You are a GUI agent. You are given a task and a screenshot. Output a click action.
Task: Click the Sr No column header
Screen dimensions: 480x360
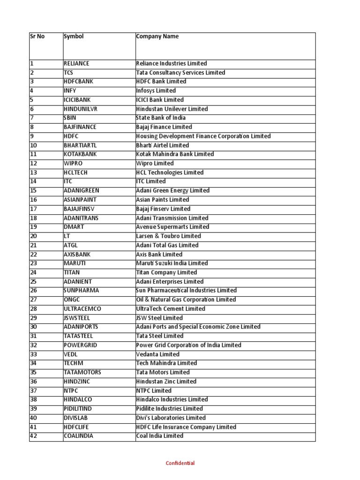click(x=37, y=37)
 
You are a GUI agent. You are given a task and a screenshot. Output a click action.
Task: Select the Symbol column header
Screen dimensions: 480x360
click(x=74, y=37)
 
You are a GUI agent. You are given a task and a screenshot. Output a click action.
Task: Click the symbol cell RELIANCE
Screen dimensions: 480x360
click(x=76, y=63)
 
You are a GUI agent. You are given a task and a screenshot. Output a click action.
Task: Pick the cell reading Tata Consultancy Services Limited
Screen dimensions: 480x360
click(x=180, y=73)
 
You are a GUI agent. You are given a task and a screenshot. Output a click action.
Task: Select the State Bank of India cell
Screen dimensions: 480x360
click(x=161, y=118)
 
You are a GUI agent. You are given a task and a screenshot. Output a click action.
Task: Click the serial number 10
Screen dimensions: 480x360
click(x=33, y=145)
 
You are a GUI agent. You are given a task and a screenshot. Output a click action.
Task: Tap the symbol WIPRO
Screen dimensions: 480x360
click(x=73, y=163)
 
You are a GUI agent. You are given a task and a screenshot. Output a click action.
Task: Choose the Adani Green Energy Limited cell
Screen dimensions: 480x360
click(x=172, y=191)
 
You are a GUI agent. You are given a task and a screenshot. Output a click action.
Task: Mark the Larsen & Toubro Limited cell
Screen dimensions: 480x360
click(x=168, y=236)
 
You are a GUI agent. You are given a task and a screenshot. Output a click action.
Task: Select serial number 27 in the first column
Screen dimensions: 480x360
click(x=33, y=300)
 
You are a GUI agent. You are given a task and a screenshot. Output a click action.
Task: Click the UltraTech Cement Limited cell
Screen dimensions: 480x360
click(x=171, y=309)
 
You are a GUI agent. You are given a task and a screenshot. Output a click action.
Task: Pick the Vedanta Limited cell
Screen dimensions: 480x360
click(x=157, y=354)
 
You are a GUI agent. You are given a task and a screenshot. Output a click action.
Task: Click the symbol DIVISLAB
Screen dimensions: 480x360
click(x=75, y=418)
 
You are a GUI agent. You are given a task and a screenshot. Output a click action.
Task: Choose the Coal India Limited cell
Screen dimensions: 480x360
click(x=159, y=436)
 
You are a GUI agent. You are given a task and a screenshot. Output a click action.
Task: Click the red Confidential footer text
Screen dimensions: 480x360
click(x=180, y=463)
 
